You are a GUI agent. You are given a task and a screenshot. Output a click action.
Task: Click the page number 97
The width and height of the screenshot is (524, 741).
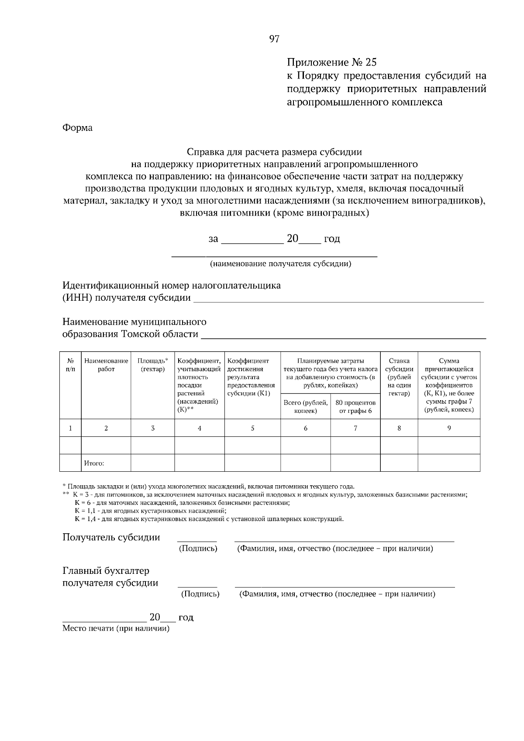tap(274, 40)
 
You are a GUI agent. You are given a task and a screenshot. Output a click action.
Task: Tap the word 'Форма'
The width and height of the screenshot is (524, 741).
tap(77, 128)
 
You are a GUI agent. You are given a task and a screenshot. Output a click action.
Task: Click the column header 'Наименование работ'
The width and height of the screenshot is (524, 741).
tap(106, 365)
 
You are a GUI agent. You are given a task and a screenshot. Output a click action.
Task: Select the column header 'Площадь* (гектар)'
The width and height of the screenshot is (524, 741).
tap(152, 365)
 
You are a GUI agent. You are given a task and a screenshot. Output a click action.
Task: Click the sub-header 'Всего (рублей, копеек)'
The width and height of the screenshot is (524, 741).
tap(305, 406)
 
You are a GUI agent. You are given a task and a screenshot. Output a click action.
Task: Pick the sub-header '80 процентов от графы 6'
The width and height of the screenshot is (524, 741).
tap(355, 406)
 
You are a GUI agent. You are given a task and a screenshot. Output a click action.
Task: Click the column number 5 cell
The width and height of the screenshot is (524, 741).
tap(252, 428)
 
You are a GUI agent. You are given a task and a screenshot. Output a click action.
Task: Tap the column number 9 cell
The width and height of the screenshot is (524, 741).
tap(448, 428)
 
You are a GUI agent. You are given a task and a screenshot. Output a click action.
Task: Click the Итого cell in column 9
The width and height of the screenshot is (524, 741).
tap(448, 463)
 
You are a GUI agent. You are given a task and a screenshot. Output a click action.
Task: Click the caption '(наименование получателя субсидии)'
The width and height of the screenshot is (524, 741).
tap(280, 264)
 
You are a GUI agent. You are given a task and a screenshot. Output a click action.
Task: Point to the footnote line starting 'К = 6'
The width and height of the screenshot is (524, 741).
tap(182, 503)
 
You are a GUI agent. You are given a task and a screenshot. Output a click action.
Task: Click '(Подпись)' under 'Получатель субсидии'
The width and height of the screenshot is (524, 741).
tap(198, 549)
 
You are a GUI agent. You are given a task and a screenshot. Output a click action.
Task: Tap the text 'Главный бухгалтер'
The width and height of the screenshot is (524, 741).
tap(106, 571)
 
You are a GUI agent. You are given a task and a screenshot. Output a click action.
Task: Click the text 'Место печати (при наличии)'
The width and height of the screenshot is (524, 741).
tap(116, 629)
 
